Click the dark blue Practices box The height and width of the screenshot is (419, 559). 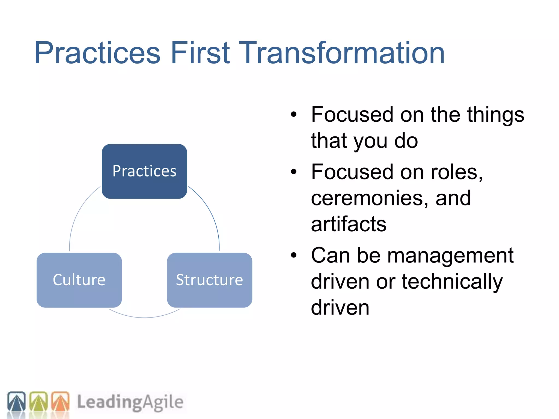click(x=144, y=171)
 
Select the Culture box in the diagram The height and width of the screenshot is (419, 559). click(x=79, y=280)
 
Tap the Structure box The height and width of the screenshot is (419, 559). click(x=209, y=280)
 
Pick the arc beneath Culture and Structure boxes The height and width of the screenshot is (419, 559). click(x=145, y=317)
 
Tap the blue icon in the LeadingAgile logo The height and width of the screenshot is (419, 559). click(x=16, y=401)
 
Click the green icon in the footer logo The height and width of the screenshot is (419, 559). click(x=38, y=401)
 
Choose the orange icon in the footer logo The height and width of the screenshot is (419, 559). click(x=60, y=401)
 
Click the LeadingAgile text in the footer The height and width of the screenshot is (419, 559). click(x=130, y=402)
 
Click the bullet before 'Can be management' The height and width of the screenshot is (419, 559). click(x=293, y=255)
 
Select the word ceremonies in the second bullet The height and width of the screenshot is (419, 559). click(x=369, y=198)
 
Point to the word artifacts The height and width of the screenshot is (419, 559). click(x=349, y=224)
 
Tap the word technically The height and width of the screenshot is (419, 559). click(x=452, y=282)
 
